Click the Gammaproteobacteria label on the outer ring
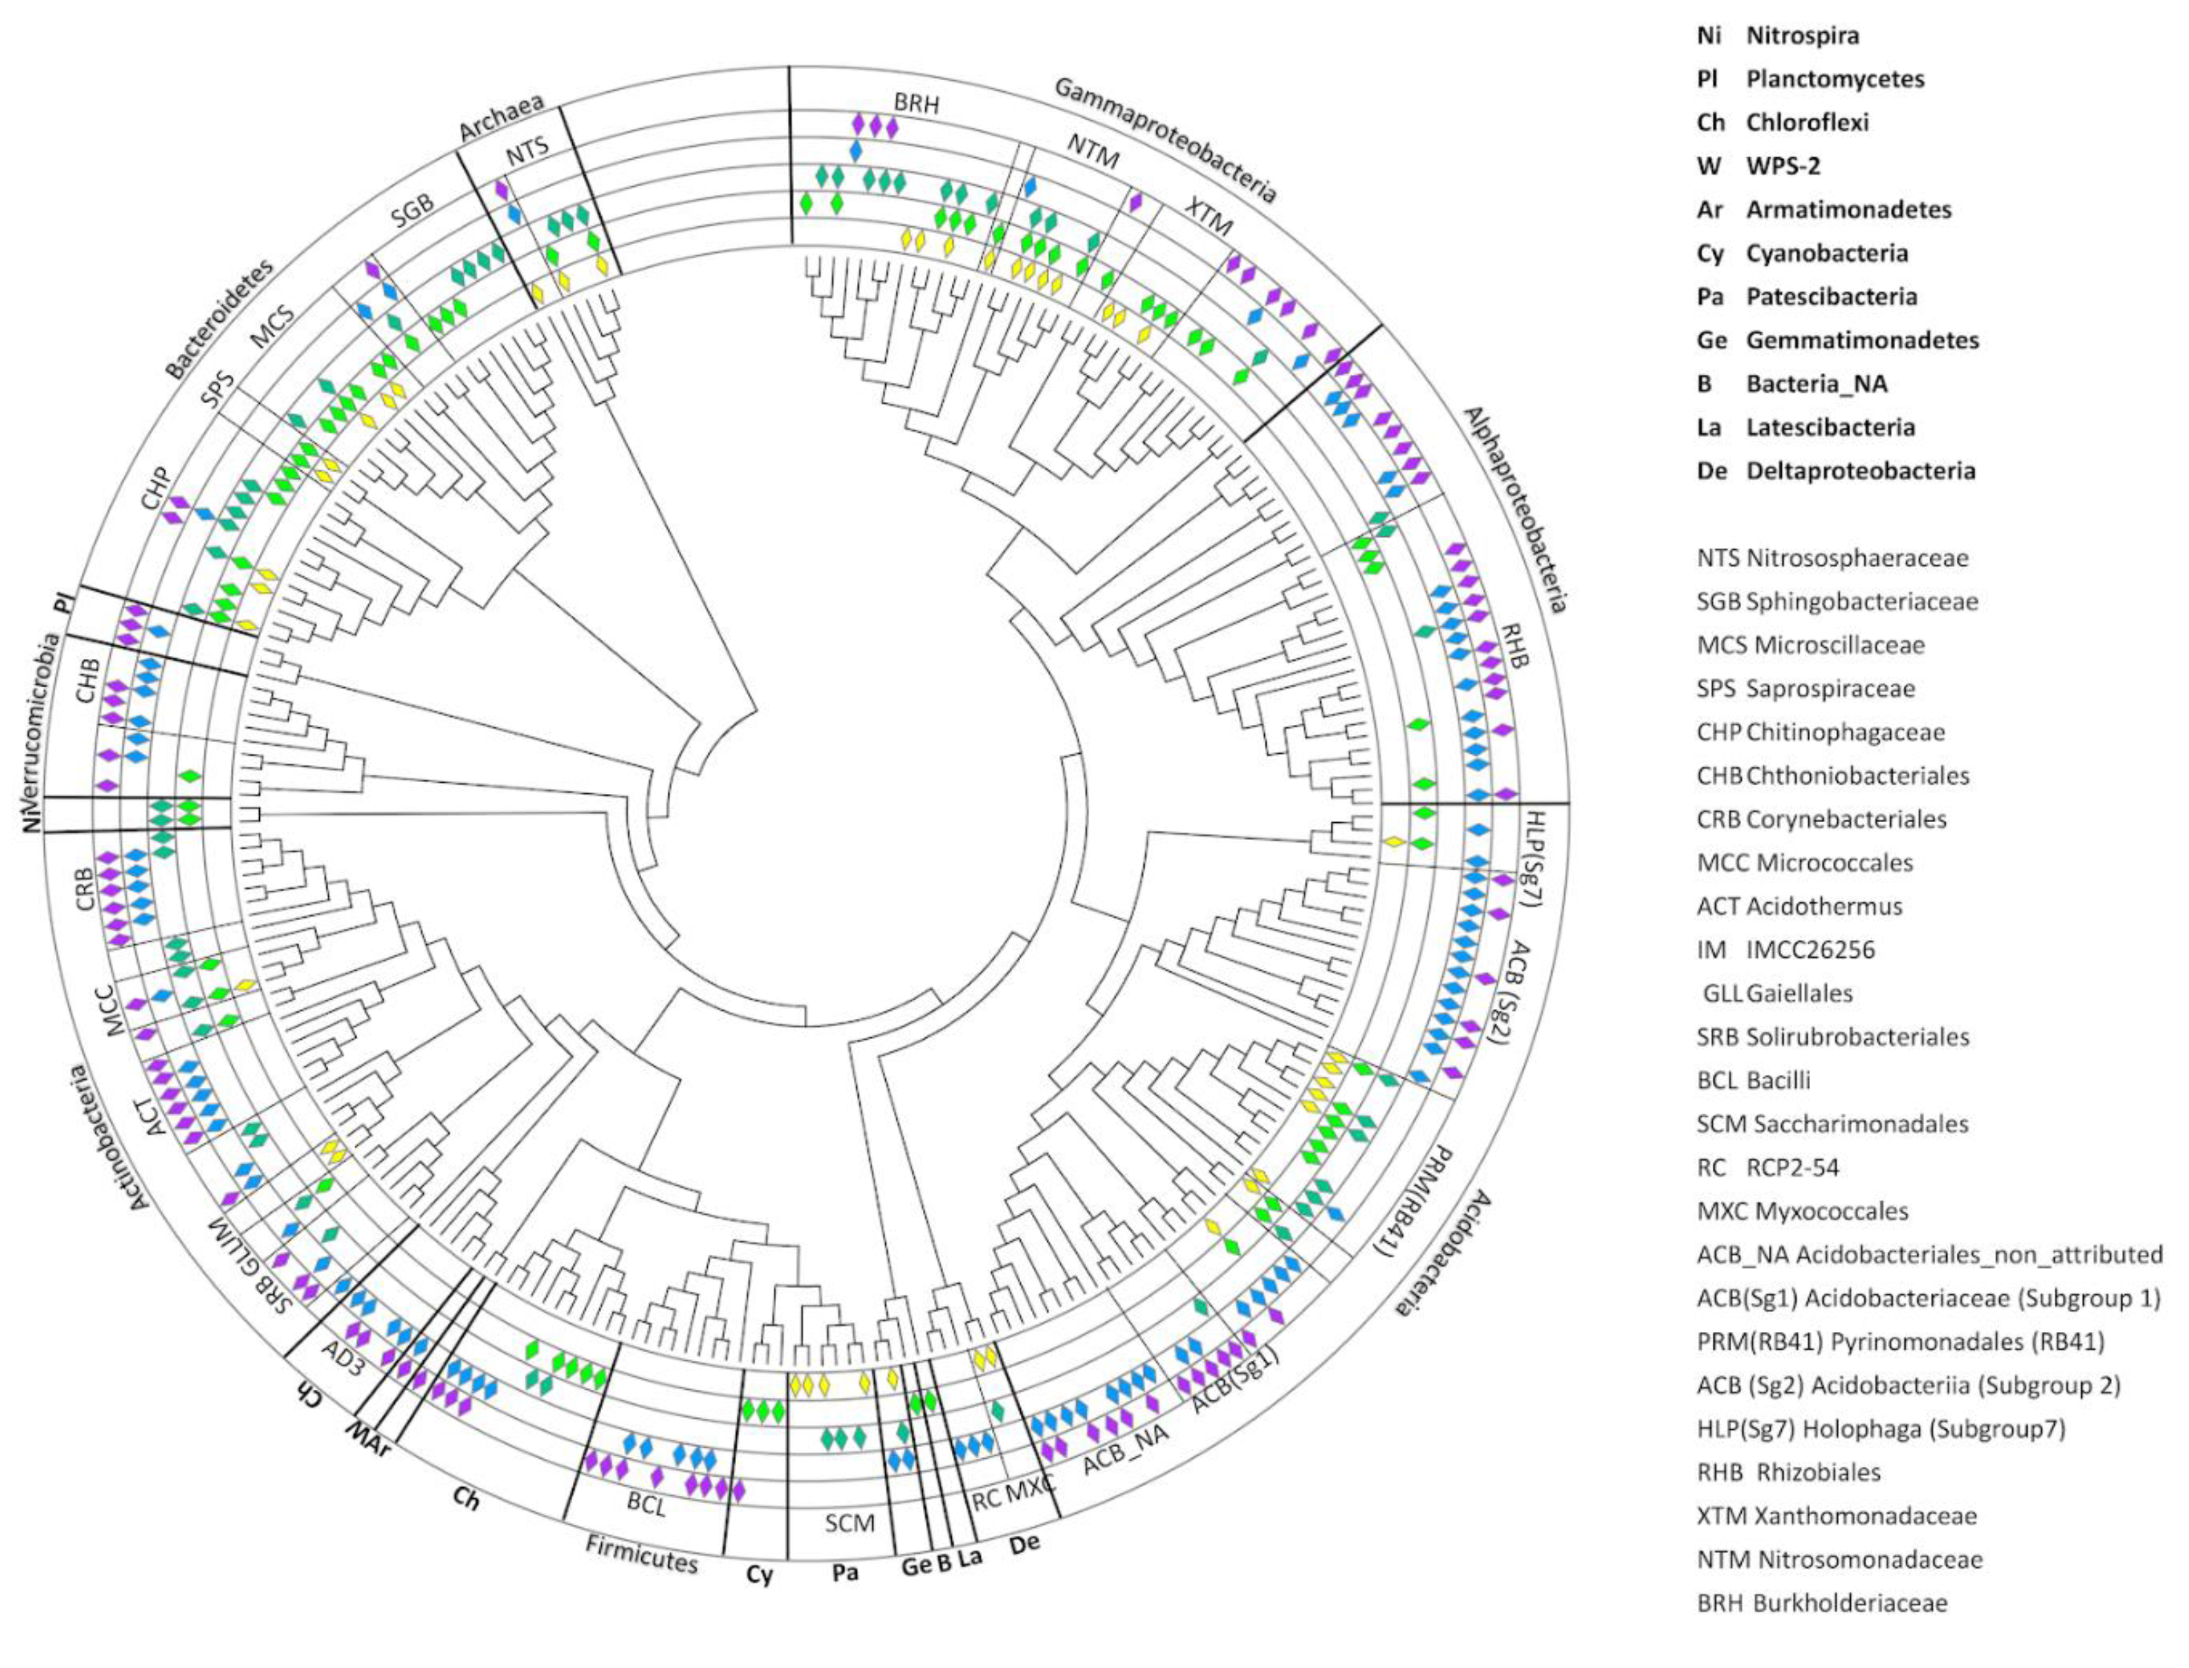tap(1164, 139)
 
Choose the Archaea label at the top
tap(501, 116)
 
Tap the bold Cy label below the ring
tap(760, 1575)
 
